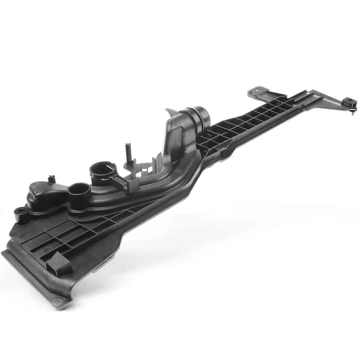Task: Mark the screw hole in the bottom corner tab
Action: [x=59, y=301]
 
